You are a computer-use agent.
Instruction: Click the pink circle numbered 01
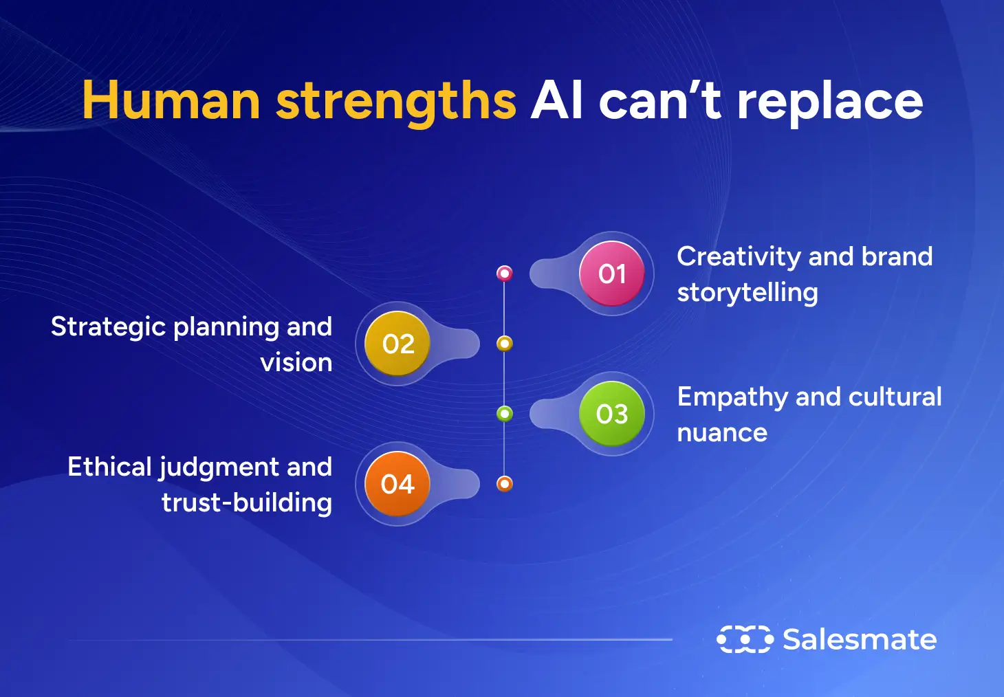(612, 274)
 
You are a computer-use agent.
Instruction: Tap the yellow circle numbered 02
(397, 344)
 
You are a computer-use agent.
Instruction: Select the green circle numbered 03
(612, 414)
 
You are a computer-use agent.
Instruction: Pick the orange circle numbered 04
(397, 484)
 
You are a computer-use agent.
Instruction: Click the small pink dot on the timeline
(505, 274)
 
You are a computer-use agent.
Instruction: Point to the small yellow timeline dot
(505, 344)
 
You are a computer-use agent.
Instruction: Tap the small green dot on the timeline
(505, 414)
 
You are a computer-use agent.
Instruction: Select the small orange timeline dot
(505, 484)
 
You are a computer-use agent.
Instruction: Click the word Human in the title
(171, 100)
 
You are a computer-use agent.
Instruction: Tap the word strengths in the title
(396, 104)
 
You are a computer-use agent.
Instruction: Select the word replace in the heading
(830, 104)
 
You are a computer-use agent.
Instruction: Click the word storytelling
(747, 294)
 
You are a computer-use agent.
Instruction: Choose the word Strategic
(109, 327)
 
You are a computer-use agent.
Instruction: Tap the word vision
(296, 363)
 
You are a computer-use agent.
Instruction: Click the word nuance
(722, 433)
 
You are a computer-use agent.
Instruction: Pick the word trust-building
(247, 502)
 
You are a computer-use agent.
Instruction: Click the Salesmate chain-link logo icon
(745, 639)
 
